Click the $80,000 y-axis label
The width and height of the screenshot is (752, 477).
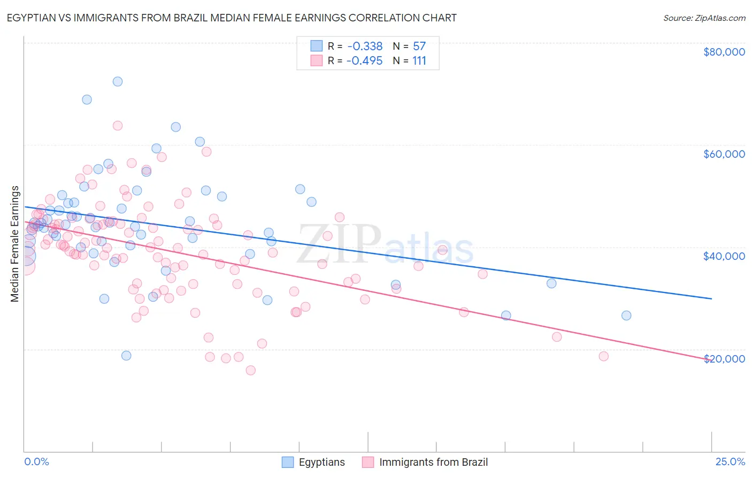tap(724, 52)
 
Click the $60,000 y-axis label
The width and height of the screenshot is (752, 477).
tap(724, 154)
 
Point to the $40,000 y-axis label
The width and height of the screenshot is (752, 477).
tap(724, 256)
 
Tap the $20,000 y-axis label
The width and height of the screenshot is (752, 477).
tap(724, 358)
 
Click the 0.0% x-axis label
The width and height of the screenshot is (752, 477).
tap(36, 461)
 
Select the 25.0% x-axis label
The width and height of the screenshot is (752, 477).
tap(730, 461)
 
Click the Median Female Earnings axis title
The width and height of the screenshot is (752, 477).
tap(15, 244)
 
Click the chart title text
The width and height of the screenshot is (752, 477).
tap(232, 18)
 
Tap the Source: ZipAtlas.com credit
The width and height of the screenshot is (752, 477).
tap(704, 18)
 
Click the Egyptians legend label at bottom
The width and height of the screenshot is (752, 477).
tap(321, 462)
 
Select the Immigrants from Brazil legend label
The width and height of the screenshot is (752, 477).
tap(433, 462)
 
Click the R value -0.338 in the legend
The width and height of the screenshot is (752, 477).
tap(364, 47)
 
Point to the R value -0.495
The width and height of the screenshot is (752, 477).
tap(364, 61)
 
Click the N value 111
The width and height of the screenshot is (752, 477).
tap(419, 61)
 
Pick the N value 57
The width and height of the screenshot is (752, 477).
tap(419, 47)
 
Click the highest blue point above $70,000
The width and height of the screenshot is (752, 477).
tap(118, 82)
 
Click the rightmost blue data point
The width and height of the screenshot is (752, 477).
tap(626, 316)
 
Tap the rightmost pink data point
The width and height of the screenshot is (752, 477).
tap(603, 356)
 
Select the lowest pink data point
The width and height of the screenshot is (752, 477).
tap(250, 370)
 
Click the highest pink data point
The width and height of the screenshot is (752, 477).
tap(118, 126)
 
